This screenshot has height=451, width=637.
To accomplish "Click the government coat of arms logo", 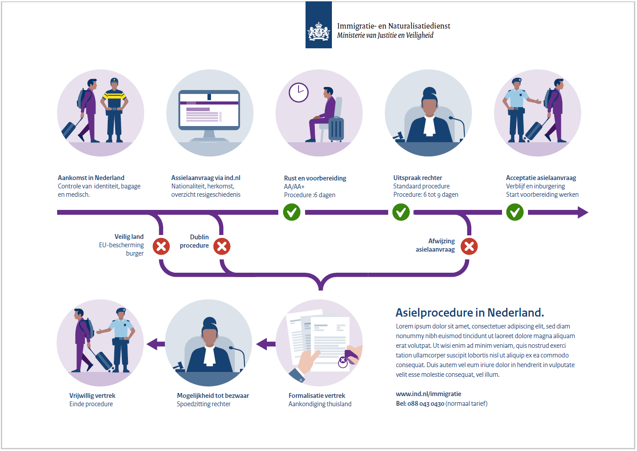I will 318,31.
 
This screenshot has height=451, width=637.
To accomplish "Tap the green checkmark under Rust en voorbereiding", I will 291,213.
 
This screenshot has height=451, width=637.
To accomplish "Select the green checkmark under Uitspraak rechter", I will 401,213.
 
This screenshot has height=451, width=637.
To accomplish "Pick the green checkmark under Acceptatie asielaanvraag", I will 515,213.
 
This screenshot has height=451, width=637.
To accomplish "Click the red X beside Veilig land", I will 161,246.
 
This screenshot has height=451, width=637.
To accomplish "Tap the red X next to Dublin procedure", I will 222,246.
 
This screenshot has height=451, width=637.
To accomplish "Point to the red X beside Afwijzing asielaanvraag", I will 469,246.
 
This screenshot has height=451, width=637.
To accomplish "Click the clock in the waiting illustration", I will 298,92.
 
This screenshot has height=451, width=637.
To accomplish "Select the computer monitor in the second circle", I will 209,112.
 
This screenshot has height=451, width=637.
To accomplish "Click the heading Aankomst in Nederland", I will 91,178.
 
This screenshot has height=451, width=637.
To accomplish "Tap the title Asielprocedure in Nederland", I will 470,313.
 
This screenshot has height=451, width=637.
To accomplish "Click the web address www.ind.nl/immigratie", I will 429,394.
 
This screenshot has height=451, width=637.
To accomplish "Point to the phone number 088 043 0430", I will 426,404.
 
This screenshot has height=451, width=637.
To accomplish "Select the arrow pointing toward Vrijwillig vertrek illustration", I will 155,344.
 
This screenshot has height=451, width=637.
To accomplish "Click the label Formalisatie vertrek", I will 317,396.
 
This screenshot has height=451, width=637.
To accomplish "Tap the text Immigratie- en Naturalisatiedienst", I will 393,26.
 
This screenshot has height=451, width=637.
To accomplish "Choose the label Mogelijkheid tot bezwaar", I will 213,396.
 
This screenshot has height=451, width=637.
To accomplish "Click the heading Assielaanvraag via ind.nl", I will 206,178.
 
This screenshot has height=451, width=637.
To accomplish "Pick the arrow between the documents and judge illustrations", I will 266,344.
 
